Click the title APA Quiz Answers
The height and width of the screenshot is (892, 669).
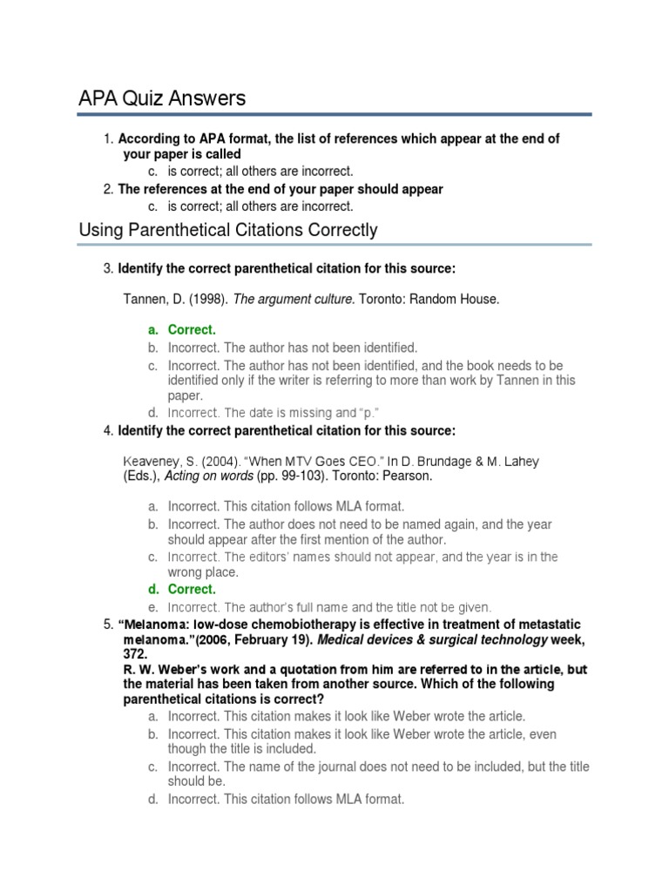[162, 98]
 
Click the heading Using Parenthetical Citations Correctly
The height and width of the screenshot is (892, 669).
[228, 230]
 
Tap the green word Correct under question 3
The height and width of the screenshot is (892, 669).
[191, 330]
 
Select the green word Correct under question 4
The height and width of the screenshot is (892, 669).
[191, 590]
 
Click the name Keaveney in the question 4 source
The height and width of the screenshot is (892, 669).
[153, 462]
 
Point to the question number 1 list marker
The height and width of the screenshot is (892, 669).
[108, 139]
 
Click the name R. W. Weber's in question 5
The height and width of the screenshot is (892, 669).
[161, 669]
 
